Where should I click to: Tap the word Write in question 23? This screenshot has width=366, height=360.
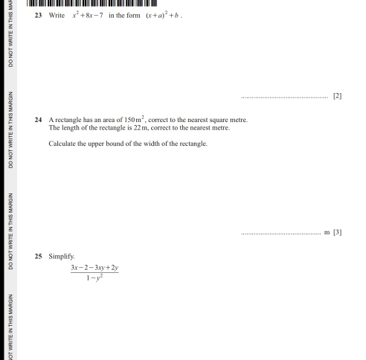(57, 14)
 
